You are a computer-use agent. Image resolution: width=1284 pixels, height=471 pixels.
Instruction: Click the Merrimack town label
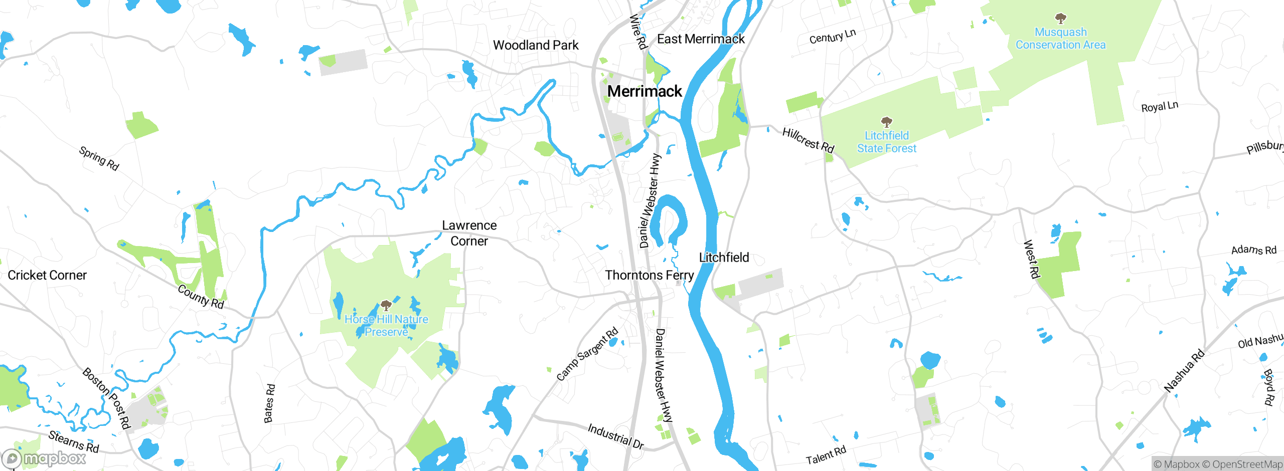[x=645, y=91]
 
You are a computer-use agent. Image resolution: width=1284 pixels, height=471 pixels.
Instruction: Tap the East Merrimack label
[x=701, y=39]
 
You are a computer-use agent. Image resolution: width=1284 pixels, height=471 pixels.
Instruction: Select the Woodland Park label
[x=536, y=45]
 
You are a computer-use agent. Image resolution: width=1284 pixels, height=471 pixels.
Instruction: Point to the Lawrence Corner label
[x=469, y=233]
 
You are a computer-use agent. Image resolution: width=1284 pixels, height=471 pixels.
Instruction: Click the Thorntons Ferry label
[x=649, y=275]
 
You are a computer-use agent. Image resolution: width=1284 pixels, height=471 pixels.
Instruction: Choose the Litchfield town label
[x=724, y=258]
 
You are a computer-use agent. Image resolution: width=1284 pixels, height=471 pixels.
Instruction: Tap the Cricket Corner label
[x=47, y=275]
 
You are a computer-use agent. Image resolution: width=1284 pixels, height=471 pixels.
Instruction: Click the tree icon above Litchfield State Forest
[x=886, y=122]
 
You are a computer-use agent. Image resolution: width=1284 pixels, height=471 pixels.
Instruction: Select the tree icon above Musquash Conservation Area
[x=1060, y=19]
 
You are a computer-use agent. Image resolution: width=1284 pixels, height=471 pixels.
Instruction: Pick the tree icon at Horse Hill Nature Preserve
[x=386, y=305]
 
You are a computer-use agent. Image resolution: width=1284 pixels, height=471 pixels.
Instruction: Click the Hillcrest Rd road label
[x=808, y=140]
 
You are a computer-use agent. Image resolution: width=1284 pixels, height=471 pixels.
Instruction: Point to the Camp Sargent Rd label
[x=587, y=354]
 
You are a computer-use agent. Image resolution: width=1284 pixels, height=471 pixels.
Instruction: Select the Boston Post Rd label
[x=106, y=398]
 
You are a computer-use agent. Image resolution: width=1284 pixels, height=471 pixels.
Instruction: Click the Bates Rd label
[x=269, y=403]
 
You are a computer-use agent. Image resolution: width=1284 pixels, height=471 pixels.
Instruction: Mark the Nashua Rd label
[x=1184, y=371]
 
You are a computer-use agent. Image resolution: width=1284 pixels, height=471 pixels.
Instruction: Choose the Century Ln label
[x=832, y=36]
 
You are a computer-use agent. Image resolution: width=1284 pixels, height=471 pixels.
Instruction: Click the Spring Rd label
[x=99, y=158]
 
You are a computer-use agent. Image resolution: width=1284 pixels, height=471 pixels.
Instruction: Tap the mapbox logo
[x=44, y=458]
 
